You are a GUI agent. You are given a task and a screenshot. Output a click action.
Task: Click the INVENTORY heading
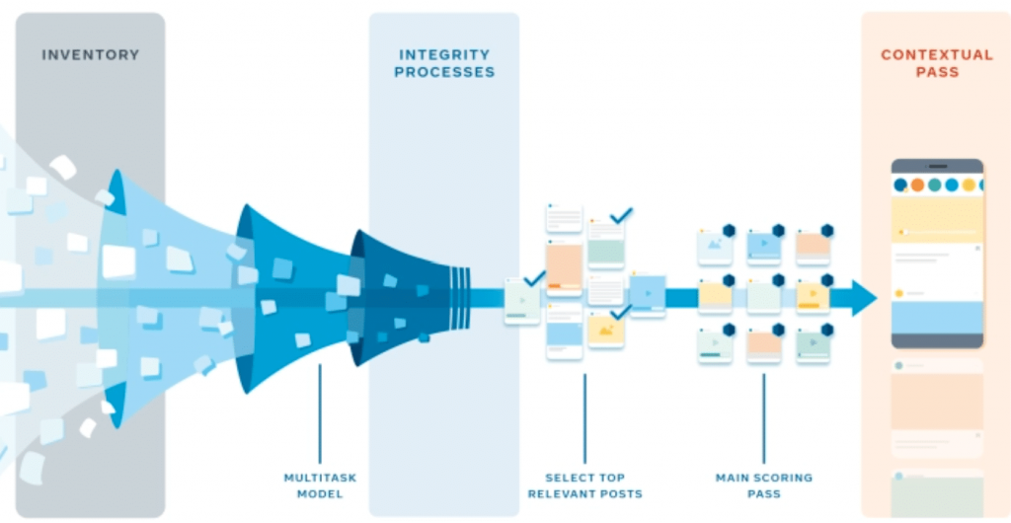(x=90, y=55)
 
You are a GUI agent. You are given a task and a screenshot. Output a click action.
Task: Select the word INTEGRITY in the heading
(x=444, y=55)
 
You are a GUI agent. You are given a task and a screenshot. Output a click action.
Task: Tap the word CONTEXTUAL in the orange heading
(x=937, y=55)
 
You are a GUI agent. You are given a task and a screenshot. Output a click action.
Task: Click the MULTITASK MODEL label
(x=320, y=486)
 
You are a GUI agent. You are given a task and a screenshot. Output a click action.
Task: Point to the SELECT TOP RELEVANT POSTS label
(x=584, y=486)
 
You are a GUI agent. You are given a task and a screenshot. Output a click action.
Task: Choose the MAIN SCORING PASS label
(x=763, y=486)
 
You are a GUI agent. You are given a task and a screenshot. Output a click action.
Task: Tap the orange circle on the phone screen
(x=917, y=185)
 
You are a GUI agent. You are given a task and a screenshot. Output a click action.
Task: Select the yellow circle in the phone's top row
(x=969, y=185)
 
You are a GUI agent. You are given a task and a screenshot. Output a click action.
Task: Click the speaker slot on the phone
(x=937, y=166)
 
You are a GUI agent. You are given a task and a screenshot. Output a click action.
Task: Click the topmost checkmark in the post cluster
(x=621, y=214)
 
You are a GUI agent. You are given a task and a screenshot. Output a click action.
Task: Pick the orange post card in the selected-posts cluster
(x=564, y=266)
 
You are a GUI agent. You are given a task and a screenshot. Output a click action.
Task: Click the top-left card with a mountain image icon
(x=714, y=246)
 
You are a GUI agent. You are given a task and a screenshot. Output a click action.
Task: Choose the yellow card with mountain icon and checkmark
(x=604, y=330)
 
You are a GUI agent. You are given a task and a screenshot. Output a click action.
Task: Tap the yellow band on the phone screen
(x=937, y=218)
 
